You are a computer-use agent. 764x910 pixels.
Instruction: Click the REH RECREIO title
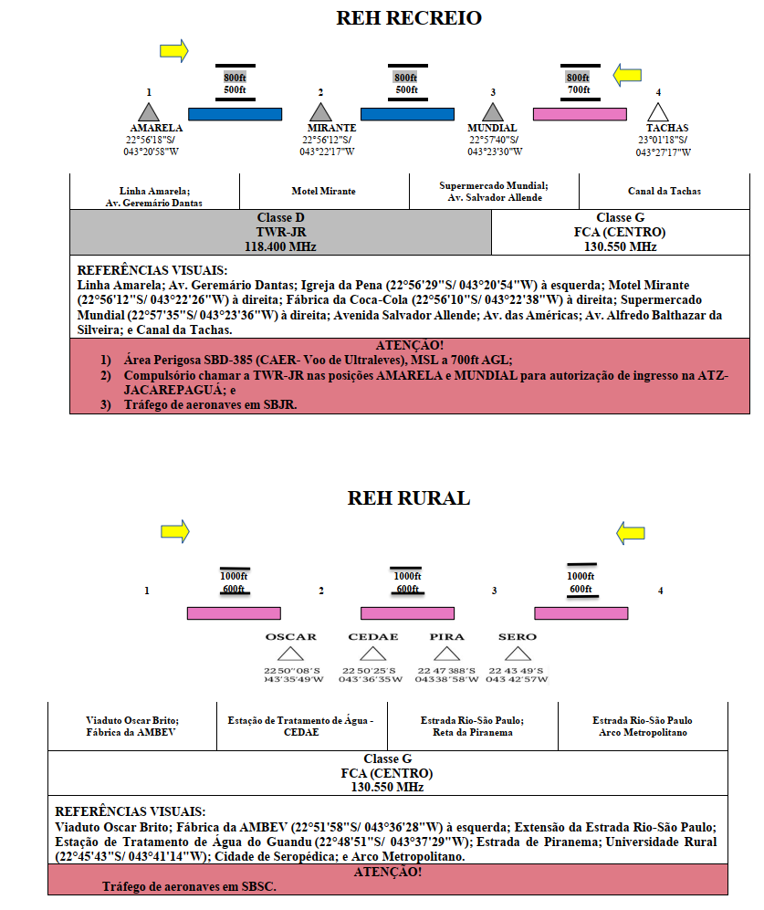tap(409, 18)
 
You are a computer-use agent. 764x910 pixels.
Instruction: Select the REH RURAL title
tap(409, 498)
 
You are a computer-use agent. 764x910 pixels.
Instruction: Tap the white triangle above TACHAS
tap(658, 112)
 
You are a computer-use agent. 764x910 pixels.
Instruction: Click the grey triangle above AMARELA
tap(149, 112)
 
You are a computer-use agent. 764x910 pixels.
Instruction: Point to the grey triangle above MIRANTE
tap(320, 112)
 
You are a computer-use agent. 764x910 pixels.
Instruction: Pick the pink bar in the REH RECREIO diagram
tap(580, 114)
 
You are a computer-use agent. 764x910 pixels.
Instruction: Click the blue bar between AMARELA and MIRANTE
tap(235, 114)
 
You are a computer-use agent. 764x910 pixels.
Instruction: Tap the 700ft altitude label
tap(579, 90)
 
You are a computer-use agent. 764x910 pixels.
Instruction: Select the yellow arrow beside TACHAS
tap(628, 75)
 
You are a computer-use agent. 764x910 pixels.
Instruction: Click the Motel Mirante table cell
tap(324, 191)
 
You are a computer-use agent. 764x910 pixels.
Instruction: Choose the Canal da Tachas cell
tap(665, 191)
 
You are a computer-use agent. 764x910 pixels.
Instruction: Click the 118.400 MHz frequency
tap(280, 246)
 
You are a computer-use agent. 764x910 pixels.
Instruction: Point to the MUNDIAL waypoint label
tap(492, 128)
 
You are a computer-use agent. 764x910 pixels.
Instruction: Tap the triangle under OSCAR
tap(291, 654)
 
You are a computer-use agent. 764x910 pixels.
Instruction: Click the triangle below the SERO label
tap(518, 654)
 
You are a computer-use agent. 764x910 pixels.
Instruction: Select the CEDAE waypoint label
tap(373, 637)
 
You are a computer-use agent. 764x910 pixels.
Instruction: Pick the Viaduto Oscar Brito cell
tap(132, 726)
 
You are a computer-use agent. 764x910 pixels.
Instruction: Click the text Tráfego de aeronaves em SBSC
tap(189, 886)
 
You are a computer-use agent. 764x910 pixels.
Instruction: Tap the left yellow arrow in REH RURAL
tap(174, 531)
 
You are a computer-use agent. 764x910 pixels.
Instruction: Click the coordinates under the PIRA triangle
tap(446, 675)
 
